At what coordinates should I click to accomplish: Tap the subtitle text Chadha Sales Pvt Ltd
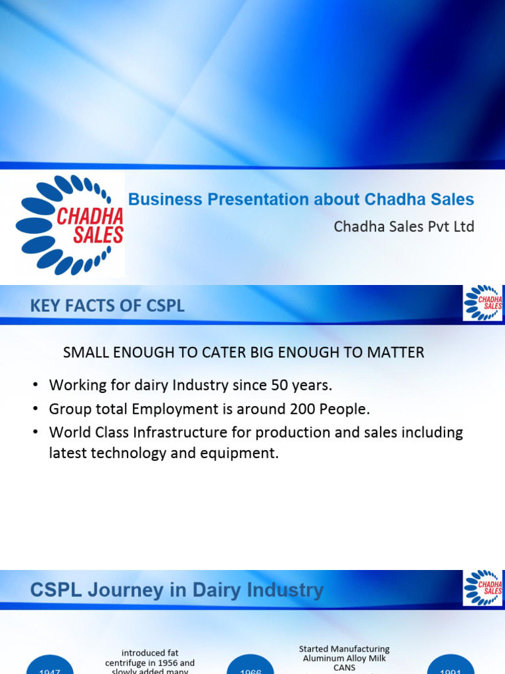(x=404, y=226)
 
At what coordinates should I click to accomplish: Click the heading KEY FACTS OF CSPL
(x=107, y=306)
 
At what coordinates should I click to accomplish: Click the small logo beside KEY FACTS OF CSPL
(x=483, y=303)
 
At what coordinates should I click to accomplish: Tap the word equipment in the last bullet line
(x=245, y=454)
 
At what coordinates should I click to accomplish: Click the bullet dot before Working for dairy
(x=36, y=386)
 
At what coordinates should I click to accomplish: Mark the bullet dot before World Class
(x=36, y=433)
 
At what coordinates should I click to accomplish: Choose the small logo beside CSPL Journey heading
(x=483, y=588)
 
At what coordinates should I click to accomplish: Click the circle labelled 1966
(x=251, y=666)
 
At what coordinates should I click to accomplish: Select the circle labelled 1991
(x=451, y=666)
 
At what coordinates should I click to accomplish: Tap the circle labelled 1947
(x=49, y=666)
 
